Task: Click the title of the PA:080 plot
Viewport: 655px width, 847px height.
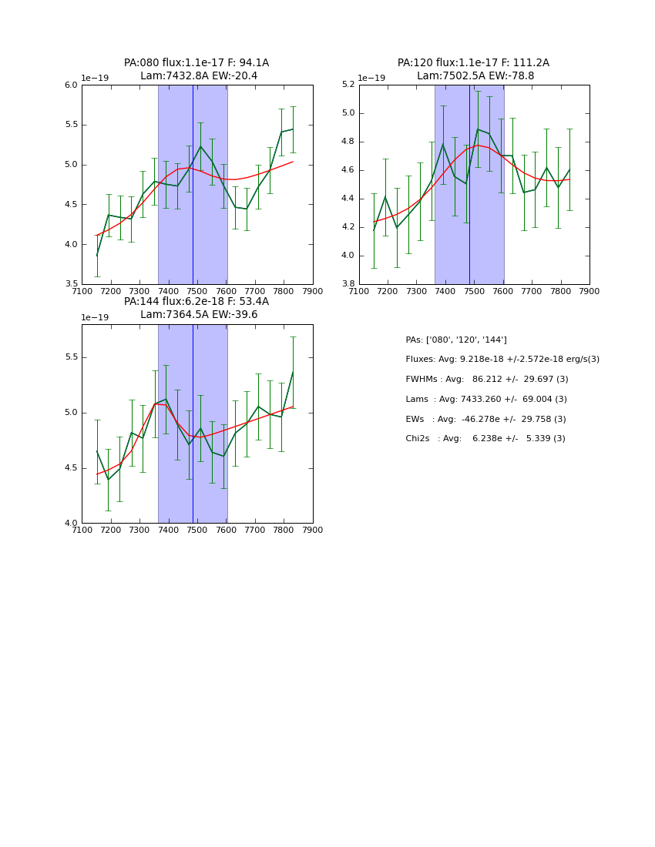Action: pos(196,69)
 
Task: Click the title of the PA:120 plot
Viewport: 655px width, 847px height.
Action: pos(474,69)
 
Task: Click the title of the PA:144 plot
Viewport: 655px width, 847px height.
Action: pos(196,308)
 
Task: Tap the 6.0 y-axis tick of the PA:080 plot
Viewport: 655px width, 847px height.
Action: pos(71,85)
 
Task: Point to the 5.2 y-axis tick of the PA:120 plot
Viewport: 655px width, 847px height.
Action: pos(348,85)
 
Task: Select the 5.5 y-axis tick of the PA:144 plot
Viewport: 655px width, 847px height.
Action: pos(71,357)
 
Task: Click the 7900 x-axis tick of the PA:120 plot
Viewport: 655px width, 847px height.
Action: pos(589,291)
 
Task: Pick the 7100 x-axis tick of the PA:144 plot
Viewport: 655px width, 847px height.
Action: pos(82,530)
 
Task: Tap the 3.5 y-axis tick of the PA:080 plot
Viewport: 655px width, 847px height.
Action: pos(71,284)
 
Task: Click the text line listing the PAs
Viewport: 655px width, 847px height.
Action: pos(456,340)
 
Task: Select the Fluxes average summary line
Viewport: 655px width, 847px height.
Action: pos(502,360)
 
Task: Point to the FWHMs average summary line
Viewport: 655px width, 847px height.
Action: pos(487,380)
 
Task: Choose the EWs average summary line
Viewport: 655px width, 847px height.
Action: pos(485,419)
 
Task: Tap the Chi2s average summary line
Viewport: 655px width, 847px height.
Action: pos(485,439)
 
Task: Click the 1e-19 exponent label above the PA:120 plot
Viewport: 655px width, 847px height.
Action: pos(371,78)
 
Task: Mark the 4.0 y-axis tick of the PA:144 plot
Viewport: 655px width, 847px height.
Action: pos(71,524)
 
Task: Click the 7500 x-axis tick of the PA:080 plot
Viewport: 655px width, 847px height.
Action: pos(197,291)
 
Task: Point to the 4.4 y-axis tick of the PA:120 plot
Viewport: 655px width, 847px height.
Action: pos(348,199)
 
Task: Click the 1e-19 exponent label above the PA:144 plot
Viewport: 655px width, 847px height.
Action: pos(95,317)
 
